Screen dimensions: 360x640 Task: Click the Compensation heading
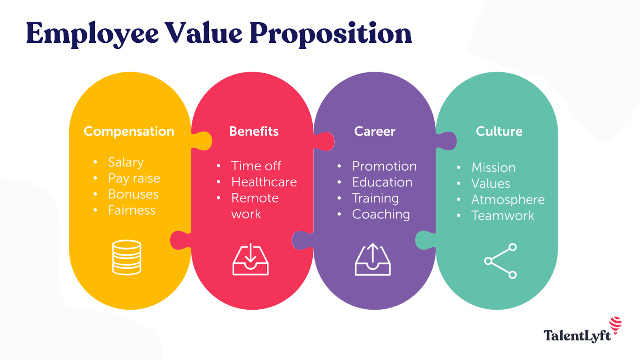129,132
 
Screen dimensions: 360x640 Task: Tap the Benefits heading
254,131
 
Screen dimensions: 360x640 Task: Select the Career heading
374,131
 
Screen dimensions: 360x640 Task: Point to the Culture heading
499,131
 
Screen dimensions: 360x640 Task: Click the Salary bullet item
126,162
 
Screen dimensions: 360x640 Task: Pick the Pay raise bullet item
134,178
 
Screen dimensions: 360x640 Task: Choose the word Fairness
132,210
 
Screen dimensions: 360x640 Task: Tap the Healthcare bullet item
264,182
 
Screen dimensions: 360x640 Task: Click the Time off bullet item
256,166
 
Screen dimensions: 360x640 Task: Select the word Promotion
384,166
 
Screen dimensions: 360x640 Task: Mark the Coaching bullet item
380,214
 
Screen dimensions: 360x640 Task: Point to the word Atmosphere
508,200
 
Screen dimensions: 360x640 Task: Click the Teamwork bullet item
502,216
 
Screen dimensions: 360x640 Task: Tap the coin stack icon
126,258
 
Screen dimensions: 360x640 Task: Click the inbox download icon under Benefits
250,260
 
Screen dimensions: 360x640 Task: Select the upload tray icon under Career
372,260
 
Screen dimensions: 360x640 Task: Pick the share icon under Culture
500,261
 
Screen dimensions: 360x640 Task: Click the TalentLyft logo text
577,336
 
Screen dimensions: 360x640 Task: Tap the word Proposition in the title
330,34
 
